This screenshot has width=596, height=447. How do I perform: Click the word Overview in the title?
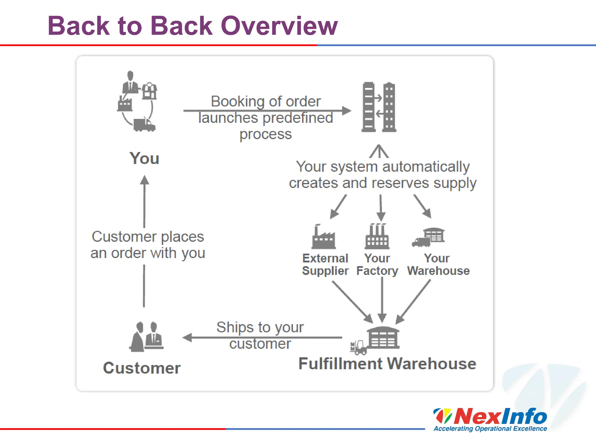[x=279, y=26]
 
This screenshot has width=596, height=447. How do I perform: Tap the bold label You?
[x=144, y=158]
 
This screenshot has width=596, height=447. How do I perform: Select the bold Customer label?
[x=142, y=368]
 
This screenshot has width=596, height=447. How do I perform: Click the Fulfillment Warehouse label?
[x=387, y=364]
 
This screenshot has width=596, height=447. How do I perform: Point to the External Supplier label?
[x=325, y=265]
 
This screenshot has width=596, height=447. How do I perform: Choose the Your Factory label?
[x=377, y=265]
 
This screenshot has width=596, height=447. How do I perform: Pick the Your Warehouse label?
[x=438, y=265]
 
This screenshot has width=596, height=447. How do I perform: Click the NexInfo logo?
[x=490, y=417]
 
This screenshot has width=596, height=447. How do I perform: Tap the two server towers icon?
[x=379, y=107]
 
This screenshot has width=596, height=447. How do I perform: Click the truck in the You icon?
[x=144, y=125]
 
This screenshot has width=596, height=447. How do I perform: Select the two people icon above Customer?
[x=146, y=337]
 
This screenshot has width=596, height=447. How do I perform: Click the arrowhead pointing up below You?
[x=144, y=180]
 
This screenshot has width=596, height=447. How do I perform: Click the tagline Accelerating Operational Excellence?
[x=490, y=429]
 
